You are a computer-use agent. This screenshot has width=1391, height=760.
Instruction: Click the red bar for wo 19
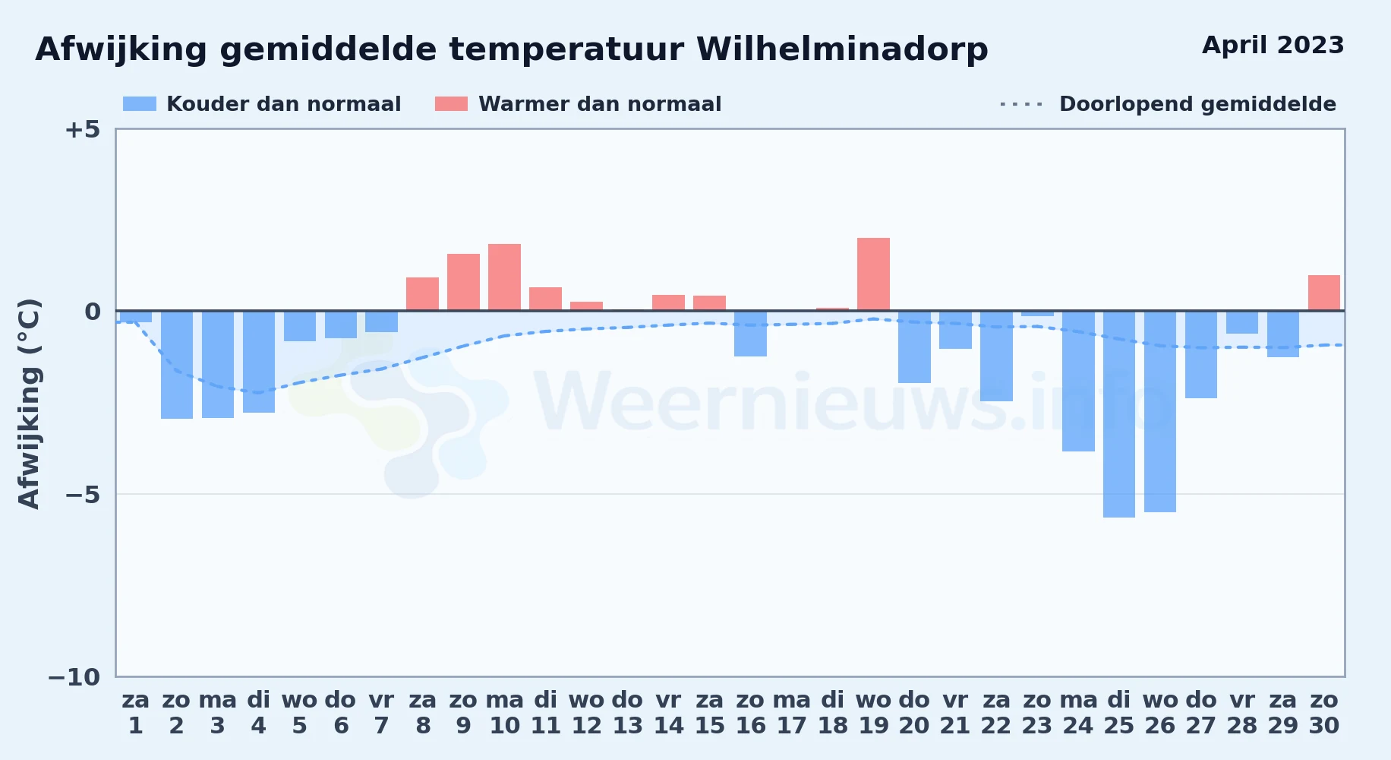click(873, 274)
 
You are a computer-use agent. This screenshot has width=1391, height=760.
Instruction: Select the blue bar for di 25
click(1119, 414)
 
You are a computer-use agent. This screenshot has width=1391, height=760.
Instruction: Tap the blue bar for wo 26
click(1160, 411)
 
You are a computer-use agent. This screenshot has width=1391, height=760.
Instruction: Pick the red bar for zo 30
click(1324, 293)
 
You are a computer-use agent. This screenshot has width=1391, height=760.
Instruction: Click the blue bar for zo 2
click(177, 365)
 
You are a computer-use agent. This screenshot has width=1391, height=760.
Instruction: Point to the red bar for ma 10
click(504, 277)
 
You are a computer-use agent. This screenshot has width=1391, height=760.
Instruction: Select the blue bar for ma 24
click(1078, 381)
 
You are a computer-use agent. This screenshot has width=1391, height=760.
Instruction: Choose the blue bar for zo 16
click(750, 334)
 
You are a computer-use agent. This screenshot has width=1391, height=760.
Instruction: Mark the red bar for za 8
click(422, 294)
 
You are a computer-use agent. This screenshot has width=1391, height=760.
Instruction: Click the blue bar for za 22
click(996, 356)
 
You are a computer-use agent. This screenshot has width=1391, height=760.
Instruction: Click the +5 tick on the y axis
click(82, 129)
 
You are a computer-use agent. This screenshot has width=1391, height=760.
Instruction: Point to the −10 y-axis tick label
click(74, 677)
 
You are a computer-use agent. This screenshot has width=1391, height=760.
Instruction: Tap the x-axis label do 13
click(627, 712)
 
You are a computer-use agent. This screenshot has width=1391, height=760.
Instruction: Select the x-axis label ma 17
click(791, 712)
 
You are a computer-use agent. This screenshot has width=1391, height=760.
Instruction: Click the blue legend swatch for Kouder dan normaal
click(140, 104)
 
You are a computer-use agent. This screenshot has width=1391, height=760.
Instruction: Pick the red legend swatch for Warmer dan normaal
click(451, 104)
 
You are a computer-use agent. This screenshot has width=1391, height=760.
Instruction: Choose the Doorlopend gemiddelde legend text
click(1197, 104)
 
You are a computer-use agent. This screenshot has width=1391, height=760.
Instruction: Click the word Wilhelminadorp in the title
click(842, 49)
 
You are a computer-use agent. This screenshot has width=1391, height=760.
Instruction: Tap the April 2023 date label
click(1273, 45)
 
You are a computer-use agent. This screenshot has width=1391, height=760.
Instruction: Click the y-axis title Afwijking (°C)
click(29, 403)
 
